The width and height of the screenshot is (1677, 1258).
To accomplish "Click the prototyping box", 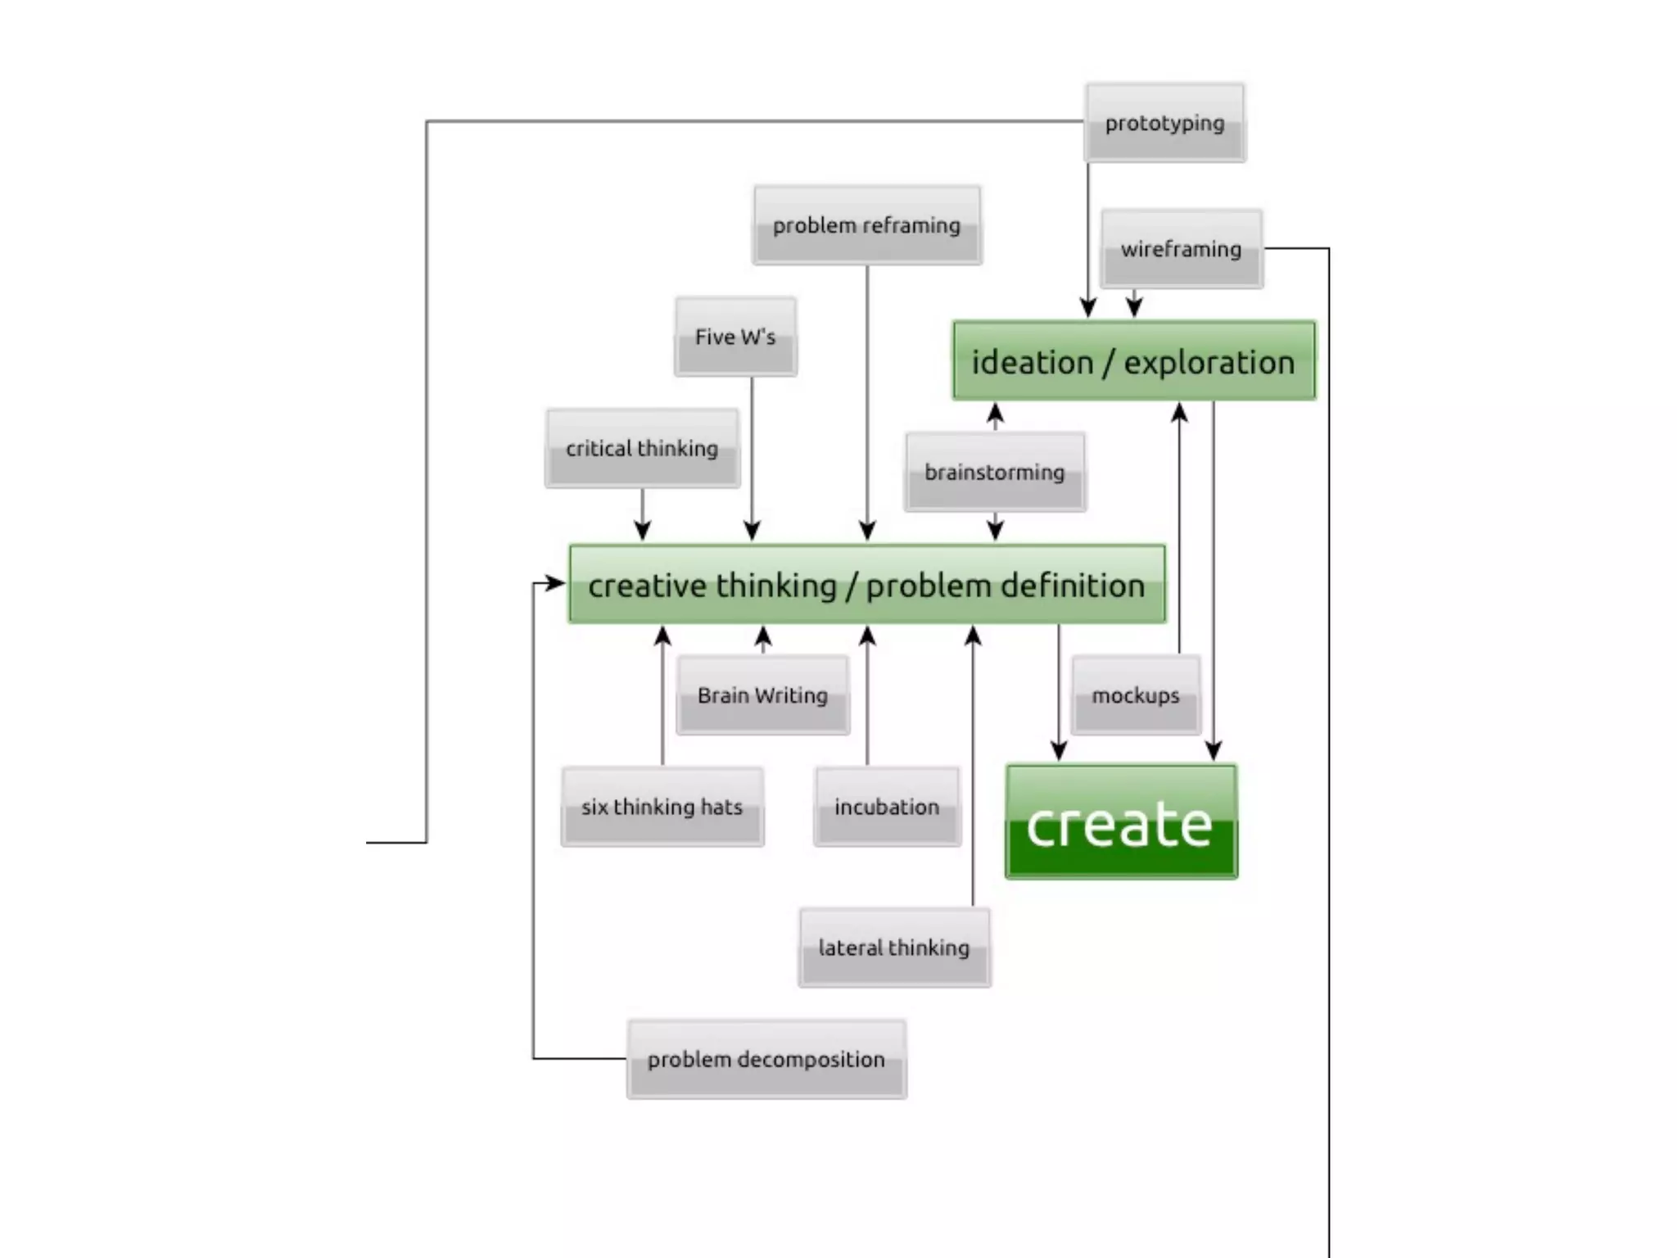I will (x=1164, y=123).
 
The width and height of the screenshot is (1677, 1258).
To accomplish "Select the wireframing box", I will (x=1181, y=249).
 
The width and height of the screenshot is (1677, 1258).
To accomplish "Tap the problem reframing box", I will (x=866, y=225).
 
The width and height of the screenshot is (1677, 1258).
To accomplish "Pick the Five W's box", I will (x=735, y=337).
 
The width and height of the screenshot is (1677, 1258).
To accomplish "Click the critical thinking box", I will (x=642, y=449).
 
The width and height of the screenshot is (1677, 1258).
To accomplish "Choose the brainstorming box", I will (x=995, y=473).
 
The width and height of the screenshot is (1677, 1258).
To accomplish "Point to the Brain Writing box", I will (x=762, y=695).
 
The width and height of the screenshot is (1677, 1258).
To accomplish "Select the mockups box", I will (x=1135, y=695).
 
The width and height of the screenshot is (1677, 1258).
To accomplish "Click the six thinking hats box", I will (x=662, y=807).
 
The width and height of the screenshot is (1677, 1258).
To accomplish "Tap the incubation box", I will (x=887, y=807).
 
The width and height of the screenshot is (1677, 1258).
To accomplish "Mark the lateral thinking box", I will (x=893, y=948).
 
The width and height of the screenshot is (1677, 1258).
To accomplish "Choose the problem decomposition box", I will (x=766, y=1059).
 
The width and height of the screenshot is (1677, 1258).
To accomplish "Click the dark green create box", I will (x=1120, y=822).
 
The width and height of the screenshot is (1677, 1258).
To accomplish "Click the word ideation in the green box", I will (x=1032, y=362).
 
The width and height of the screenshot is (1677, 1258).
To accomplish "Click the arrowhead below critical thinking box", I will (x=643, y=530).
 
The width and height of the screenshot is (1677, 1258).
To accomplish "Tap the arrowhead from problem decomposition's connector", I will (x=556, y=583).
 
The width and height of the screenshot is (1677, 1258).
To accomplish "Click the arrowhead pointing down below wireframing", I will (x=1134, y=307).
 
